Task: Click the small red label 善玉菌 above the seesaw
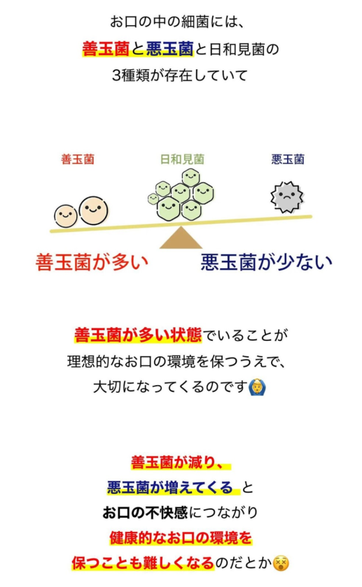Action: pyautogui.click(x=78, y=159)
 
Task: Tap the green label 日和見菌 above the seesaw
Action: pyautogui.click(x=182, y=159)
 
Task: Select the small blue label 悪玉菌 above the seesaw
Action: pyautogui.click(x=288, y=159)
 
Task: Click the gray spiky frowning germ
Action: pyautogui.click(x=287, y=197)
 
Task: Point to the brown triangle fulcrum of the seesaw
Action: pyautogui.click(x=181, y=238)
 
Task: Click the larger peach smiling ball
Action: pyautogui.click(x=93, y=210)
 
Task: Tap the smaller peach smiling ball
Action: pyautogui.click(x=66, y=216)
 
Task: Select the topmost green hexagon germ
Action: pyautogui.click(x=191, y=177)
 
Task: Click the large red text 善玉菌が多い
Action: pyautogui.click(x=92, y=262)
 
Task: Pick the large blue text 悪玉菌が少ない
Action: pyautogui.click(x=267, y=262)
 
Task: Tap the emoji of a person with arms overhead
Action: pyautogui.click(x=258, y=387)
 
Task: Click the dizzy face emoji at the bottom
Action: pyautogui.click(x=281, y=563)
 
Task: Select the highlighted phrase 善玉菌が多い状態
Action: pyautogui.click(x=138, y=335)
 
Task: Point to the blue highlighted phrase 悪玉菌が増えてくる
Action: pyautogui.click(x=170, y=488)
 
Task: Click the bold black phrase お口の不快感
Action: pyautogui.click(x=145, y=512)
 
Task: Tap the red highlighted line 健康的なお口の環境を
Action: pyautogui.click(x=181, y=538)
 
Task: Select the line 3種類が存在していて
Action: pyautogui.click(x=180, y=75)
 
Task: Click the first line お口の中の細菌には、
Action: pyautogui.click(x=177, y=22)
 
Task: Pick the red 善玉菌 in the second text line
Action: pyautogui.click(x=106, y=49)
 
